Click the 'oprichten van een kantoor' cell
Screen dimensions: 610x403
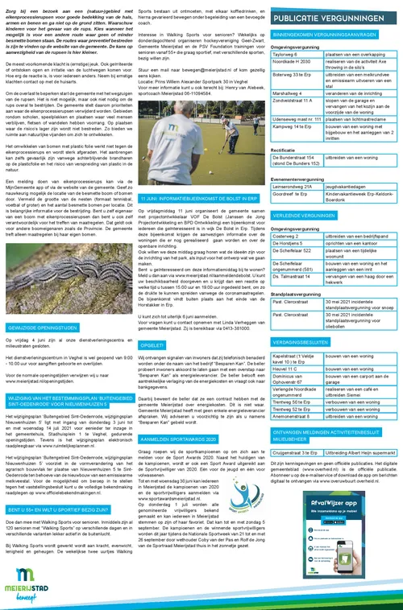click(356, 265)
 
